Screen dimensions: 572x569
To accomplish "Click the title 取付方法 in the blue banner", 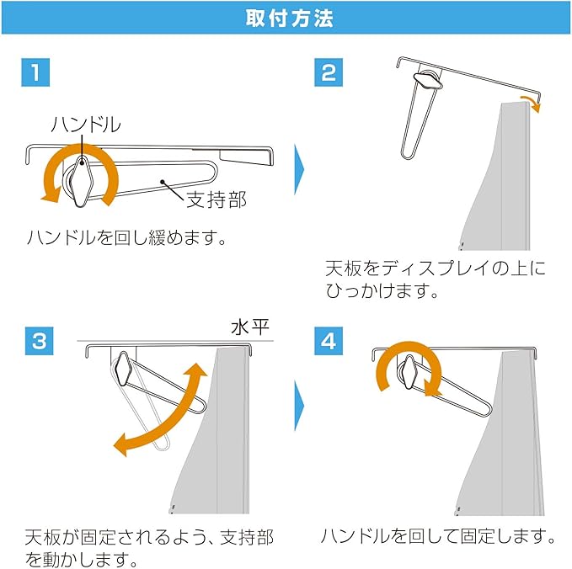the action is [x=289, y=19].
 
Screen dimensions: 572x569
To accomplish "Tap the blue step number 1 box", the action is [x=35, y=72].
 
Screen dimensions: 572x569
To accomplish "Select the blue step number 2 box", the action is [x=329, y=72].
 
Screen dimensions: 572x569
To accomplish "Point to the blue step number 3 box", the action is [x=40, y=341].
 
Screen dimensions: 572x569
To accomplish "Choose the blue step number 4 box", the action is [x=329, y=341].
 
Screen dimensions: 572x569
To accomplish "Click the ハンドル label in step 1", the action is [x=86, y=125].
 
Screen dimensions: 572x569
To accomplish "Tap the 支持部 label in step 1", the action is [x=217, y=199].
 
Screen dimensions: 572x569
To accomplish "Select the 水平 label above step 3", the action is [x=250, y=327].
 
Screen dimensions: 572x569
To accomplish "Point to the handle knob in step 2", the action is [x=428, y=81].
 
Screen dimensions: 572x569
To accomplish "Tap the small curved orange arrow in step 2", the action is [x=532, y=104].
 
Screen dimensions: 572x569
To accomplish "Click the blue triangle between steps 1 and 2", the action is [x=299, y=169].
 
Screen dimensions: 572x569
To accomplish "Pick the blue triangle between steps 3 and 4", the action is [x=299, y=406].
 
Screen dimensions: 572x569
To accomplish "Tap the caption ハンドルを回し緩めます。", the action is [x=126, y=237].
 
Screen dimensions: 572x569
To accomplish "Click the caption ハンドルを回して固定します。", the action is [x=438, y=536].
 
